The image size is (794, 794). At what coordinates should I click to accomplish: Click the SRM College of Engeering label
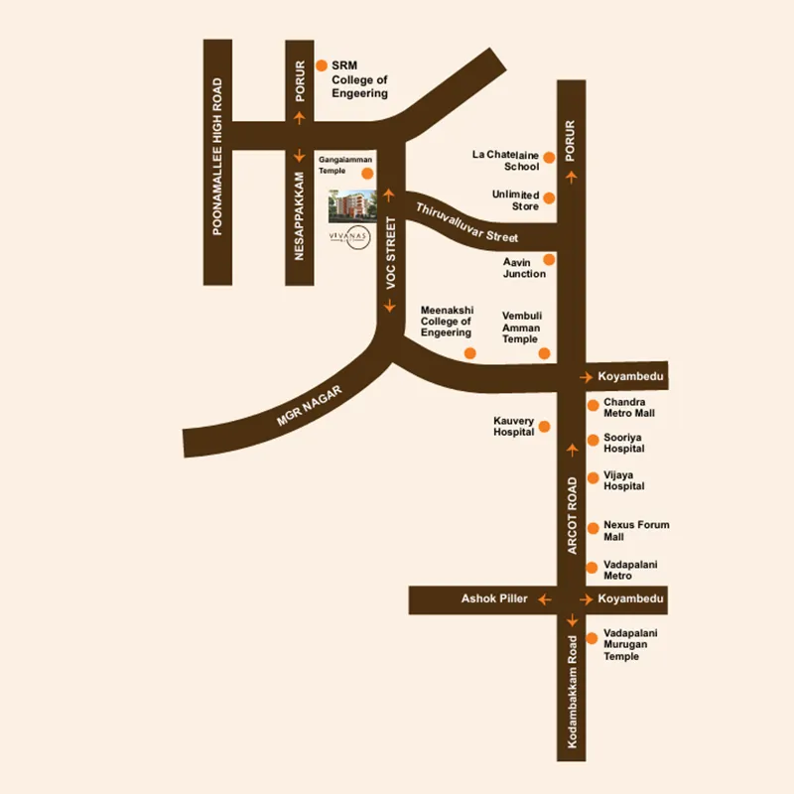(358, 79)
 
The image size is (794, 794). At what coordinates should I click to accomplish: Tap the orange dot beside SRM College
(321, 65)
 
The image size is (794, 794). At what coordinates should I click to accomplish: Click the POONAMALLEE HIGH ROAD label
(217, 157)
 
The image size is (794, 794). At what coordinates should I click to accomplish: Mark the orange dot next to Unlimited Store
(549, 198)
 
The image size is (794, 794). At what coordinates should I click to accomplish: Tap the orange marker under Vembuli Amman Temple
(543, 353)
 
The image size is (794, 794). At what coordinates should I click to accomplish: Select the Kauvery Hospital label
(514, 427)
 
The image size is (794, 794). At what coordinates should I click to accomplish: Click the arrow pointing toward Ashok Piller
(544, 599)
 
